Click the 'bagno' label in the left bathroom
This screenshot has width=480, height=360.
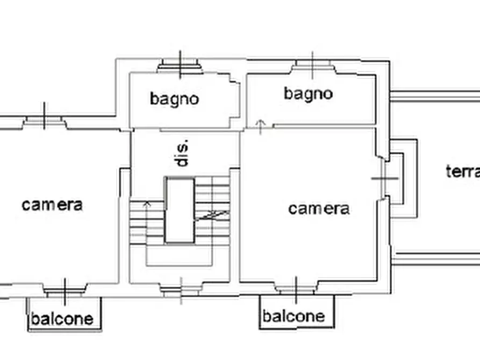(x=174, y=99)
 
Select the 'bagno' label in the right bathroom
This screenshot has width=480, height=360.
(x=309, y=93)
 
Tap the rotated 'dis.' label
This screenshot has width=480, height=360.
(x=183, y=154)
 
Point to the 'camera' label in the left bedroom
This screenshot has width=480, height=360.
(x=52, y=204)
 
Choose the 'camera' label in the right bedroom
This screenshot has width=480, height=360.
(x=319, y=208)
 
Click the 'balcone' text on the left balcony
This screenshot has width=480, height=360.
(x=62, y=319)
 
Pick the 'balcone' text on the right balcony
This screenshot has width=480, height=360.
(x=293, y=316)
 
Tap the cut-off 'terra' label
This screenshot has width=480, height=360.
(x=462, y=171)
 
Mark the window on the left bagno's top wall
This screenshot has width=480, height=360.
(x=180, y=67)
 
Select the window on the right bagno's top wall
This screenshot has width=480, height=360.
(x=313, y=67)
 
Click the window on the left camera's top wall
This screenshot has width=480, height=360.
(x=45, y=123)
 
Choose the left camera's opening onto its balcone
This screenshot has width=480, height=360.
(x=65, y=291)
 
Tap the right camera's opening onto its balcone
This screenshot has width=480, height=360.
(x=296, y=289)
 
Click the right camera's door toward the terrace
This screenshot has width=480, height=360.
(x=385, y=178)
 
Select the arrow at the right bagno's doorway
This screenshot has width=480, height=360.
(x=261, y=127)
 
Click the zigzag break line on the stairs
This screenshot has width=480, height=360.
(x=212, y=215)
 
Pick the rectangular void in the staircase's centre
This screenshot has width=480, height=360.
(x=180, y=210)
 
